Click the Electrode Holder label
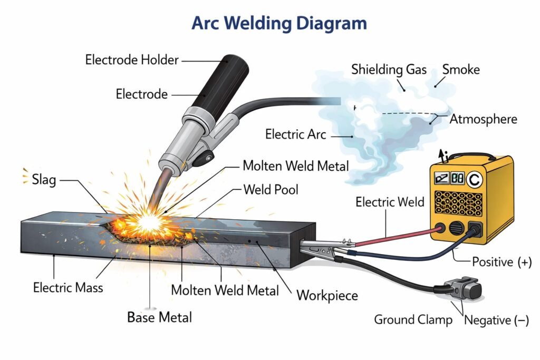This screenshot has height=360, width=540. tap(132, 60)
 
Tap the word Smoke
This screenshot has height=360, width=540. tap(461, 69)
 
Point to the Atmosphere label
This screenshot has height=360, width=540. tap(483, 119)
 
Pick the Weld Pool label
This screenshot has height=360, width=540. tap(270, 189)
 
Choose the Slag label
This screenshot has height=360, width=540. tap(44, 179)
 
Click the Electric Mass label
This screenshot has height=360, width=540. tap(68, 288)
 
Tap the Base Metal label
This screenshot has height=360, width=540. tap(159, 317)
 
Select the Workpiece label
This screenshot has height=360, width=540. tap(327, 295)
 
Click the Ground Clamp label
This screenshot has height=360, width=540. tap(413, 319)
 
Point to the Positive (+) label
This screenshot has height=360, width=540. tap(501, 261)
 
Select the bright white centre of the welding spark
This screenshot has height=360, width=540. tap(149, 221)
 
